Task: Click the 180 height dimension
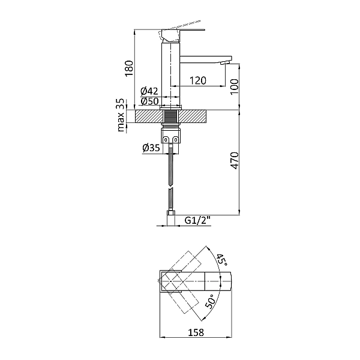129,68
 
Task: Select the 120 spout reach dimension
198,80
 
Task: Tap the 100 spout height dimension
235,86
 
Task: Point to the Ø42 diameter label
149,91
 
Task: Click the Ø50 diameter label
149,101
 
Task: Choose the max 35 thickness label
121,115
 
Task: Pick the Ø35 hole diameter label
151,148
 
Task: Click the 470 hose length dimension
235,160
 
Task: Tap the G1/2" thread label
197,221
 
